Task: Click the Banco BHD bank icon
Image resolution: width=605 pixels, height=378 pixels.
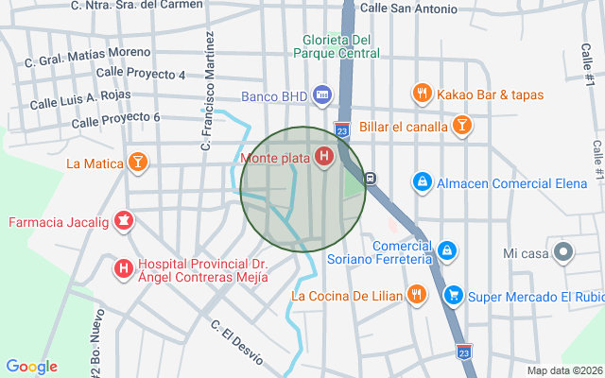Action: (x=322, y=95)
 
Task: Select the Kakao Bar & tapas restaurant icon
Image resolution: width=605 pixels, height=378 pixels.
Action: (x=422, y=94)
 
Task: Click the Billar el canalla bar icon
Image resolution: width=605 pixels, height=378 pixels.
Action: (x=462, y=125)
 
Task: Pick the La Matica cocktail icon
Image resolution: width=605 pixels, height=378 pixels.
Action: (x=139, y=163)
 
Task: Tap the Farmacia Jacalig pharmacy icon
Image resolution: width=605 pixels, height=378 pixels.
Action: (x=122, y=223)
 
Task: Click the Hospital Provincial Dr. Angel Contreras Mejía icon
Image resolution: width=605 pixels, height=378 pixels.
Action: (x=123, y=269)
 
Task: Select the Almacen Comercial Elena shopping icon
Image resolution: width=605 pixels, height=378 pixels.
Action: (x=422, y=180)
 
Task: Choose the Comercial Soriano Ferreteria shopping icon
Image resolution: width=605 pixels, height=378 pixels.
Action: (x=448, y=251)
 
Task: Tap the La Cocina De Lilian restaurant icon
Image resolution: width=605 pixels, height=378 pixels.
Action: (x=415, y=295)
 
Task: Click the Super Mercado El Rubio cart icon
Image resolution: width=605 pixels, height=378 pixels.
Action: (x=455, y=295)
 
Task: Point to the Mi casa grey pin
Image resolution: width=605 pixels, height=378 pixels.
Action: (x=563, y=252)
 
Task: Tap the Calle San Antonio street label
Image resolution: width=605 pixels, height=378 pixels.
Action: (x=408, y=9)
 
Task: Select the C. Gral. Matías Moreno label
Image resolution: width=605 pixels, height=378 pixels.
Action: (x=87, y=56)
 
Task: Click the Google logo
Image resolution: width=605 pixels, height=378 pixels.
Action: (x=31, y=367)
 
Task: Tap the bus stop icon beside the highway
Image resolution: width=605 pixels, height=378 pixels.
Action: (x=371, y=177)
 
